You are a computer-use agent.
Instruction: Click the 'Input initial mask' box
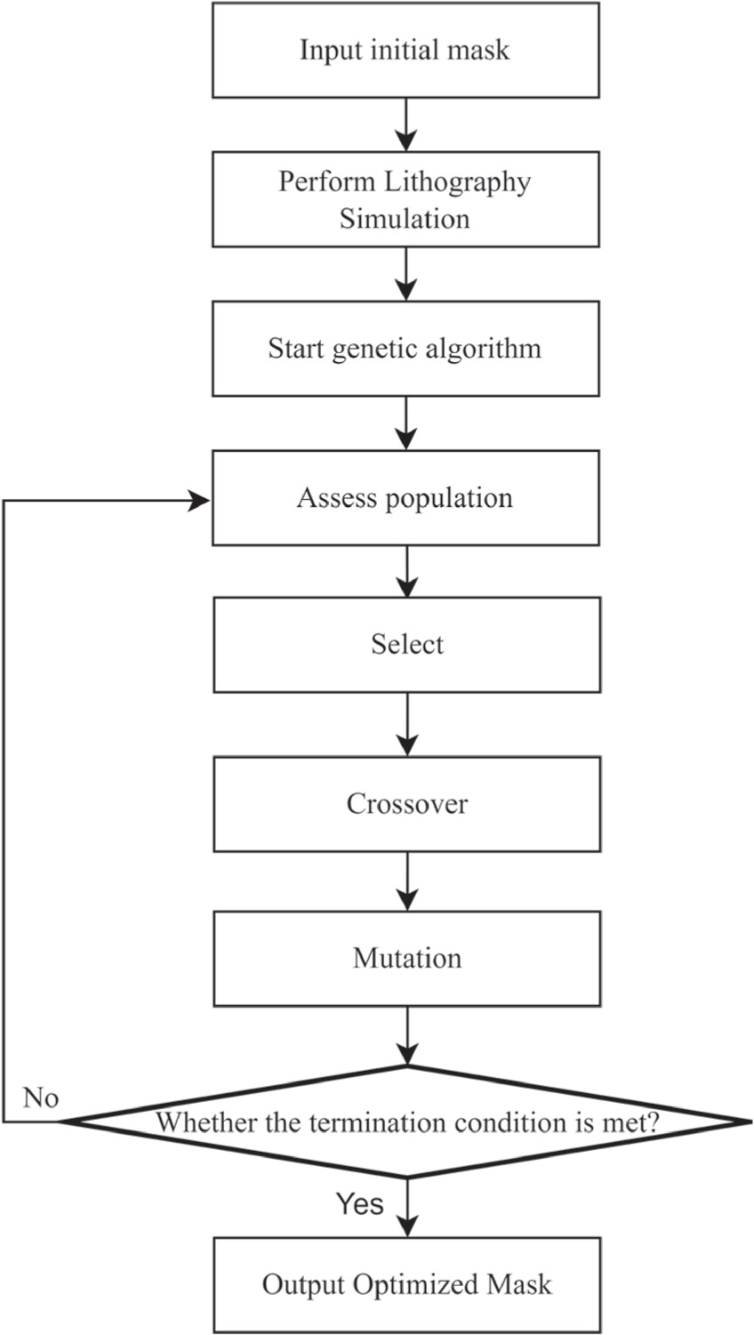[405, 50]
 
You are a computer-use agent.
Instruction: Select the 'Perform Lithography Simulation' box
[405, 199]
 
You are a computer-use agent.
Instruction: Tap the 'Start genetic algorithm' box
[405, 349]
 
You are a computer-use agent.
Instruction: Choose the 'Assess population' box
[405, 498]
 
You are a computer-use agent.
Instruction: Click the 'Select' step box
[407, 645]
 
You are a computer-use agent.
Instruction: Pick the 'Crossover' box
[407, 804]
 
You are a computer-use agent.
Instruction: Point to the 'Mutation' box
[407, 959]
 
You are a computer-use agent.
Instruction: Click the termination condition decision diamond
[406, 1122]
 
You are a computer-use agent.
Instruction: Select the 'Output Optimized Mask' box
[407, 1285]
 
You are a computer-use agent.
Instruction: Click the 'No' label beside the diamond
[41, 1098]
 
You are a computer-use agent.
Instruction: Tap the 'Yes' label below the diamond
[360, 1203]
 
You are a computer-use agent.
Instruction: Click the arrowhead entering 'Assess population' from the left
[200, 502]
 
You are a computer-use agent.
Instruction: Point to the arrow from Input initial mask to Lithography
[406, 125]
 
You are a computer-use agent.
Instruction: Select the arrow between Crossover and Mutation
[407, 881]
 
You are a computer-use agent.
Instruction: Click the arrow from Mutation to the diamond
[407, 1036]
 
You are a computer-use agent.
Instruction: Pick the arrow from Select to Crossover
[407, 725]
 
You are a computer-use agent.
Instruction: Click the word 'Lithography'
[457, 183]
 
